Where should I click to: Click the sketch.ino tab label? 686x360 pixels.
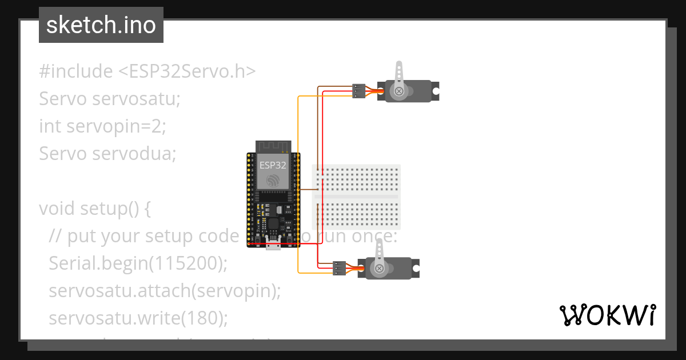click(101, 25)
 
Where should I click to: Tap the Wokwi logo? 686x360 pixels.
click(607, 315)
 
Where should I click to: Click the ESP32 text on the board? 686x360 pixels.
click(273, 165)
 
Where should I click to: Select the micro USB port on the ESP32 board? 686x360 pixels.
click(273, 244)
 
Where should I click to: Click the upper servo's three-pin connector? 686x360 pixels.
click(358, 90)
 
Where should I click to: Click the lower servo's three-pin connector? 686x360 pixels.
click(339, 267)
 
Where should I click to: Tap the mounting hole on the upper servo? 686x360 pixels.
click(436, 90)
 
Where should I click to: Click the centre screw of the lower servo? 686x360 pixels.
click(378, 268)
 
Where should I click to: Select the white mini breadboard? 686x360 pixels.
click(357, 196)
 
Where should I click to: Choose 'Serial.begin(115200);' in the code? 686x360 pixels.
click(138, 263)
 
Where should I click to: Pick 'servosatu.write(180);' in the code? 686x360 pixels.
click(138, 318)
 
